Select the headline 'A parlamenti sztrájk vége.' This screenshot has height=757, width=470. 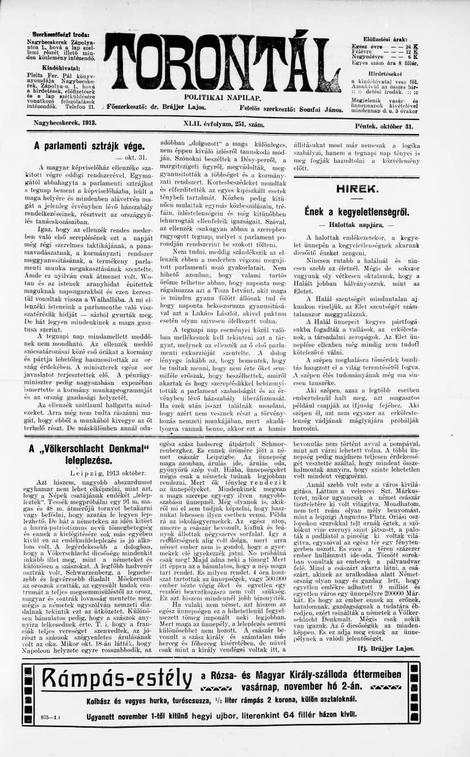tap(89, 146)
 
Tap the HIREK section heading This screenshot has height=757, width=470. tap(357, 189)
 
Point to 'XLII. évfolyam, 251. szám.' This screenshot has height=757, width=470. tap(224, 125)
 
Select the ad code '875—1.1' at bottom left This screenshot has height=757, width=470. tap(52, 717)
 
